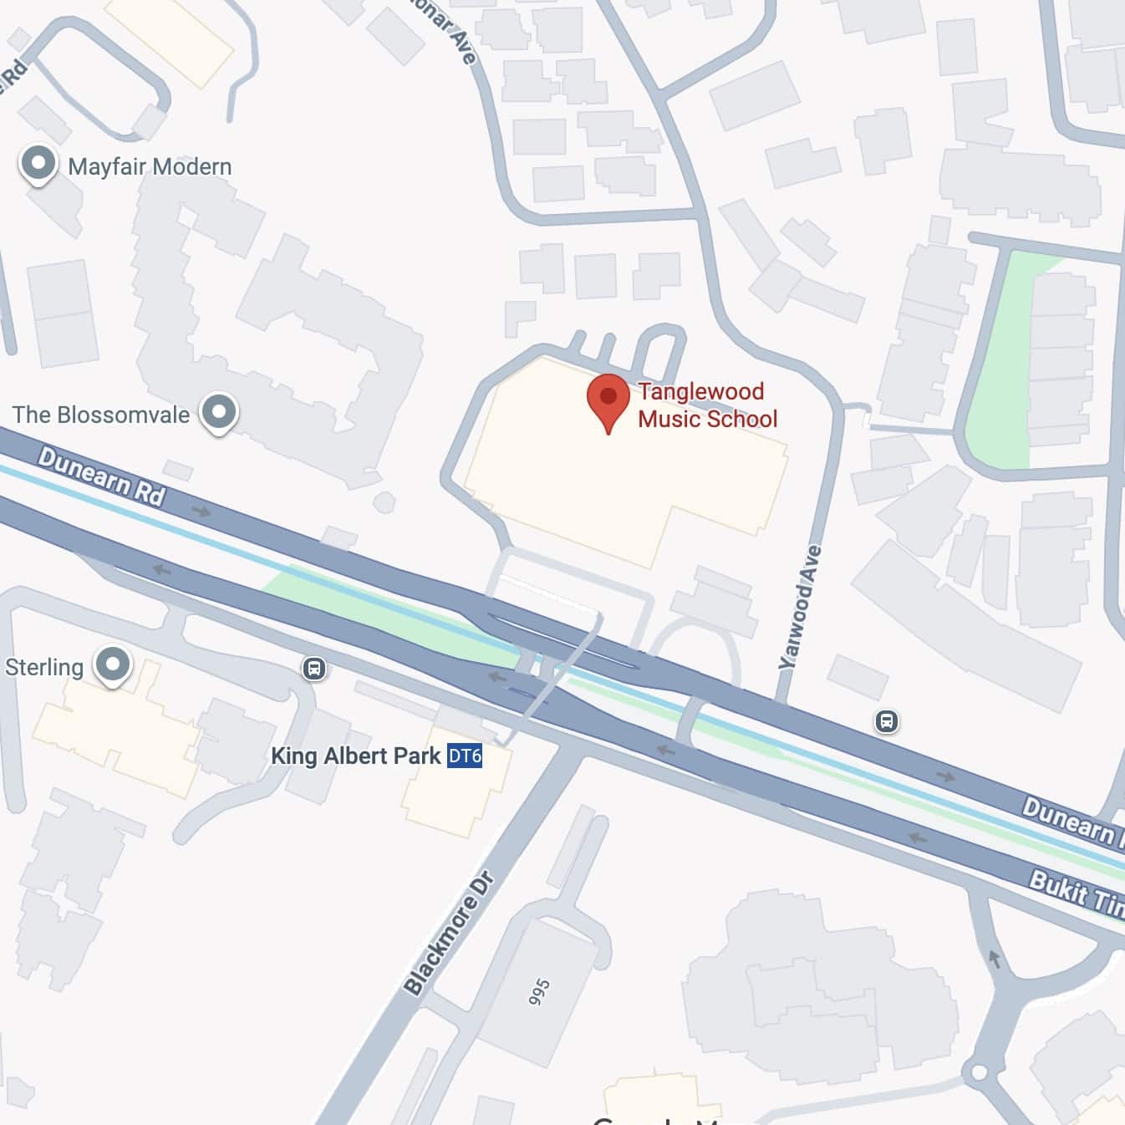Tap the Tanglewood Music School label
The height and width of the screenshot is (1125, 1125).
pyautogui.click(x=707, y=405)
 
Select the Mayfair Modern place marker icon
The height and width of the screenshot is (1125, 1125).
pyautogui.click(x=38, y=163)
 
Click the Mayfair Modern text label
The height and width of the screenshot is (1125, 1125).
pyautogui.click(x=150, y=166)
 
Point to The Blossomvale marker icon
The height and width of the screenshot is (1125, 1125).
pyautogui.click(x=219, y=412)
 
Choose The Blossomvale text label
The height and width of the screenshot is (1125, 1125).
pyautogui.click(x=101, y=415)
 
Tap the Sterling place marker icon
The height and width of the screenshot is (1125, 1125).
pyautogui.click(x=113, y=665)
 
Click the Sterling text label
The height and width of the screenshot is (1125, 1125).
pyautogui.click(x=44, y=667)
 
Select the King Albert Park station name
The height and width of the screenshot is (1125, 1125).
pyautogui.click(x=355, y=756)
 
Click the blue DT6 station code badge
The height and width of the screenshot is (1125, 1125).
pyautogui.click(x=465, y=756)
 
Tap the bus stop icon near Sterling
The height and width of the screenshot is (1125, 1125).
pyautogui.click(x=313, y=668)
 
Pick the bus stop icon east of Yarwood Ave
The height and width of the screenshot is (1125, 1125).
pyautogui.click(x=887, y=720)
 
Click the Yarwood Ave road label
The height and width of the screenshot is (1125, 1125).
pyautogui.click(x=800, y=606)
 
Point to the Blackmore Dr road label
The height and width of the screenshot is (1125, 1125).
pyautogui.click(x=450, y=933)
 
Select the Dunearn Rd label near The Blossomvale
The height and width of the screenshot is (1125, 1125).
pyautogui.click(x=101, y=476)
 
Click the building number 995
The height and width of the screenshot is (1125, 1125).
pyautogui.click(x=539, y=992)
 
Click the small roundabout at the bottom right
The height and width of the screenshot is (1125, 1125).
pyautogui.click(x=979, y=1071)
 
